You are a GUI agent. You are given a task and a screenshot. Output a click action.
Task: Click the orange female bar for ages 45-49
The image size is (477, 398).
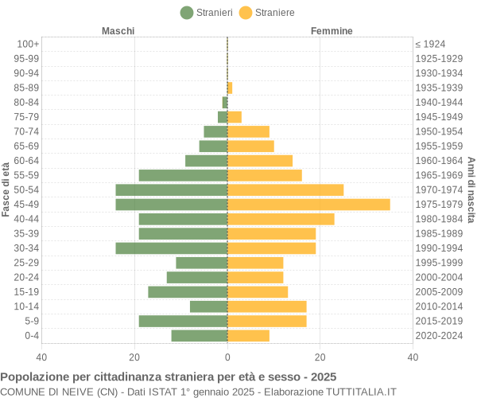308,205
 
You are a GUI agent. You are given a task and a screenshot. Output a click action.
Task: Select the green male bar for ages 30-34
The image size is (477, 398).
171,248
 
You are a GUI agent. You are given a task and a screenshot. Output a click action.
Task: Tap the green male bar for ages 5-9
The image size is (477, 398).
183,321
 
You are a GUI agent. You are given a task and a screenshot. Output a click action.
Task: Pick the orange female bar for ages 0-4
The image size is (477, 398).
248,336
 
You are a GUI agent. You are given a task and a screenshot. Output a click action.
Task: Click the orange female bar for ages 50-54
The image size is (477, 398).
285,190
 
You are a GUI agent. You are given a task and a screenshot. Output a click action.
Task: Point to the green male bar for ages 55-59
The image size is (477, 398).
183,175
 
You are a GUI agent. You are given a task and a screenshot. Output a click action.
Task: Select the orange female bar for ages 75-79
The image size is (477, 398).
235,117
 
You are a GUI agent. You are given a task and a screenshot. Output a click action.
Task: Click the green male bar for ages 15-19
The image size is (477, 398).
188,292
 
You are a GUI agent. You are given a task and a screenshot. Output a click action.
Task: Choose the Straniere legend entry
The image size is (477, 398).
267,13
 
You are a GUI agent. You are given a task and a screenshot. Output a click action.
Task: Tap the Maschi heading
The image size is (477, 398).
118,31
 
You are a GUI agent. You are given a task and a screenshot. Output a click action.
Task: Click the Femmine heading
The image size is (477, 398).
332,31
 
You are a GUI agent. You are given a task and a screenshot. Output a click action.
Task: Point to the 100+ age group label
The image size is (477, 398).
28,44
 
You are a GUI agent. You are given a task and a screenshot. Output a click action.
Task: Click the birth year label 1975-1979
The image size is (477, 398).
439,205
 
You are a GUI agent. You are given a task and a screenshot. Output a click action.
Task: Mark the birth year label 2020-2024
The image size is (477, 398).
439,336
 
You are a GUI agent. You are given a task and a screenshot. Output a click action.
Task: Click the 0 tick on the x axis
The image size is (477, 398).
227,357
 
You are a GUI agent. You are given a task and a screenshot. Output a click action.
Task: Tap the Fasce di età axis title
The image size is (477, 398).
6,189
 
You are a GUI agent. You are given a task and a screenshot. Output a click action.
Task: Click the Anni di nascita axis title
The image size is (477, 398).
471,189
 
